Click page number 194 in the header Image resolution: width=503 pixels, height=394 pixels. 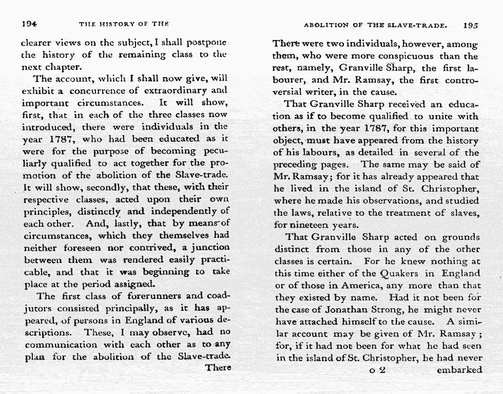(x=29, y=24)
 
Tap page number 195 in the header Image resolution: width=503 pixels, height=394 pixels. (x=470, y=25)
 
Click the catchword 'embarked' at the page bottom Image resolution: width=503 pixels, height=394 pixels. (x=459, y=370)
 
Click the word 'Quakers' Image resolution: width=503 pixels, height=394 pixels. (x=403, y=274)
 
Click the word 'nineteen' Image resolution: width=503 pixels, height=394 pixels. (x=313, y=224)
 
